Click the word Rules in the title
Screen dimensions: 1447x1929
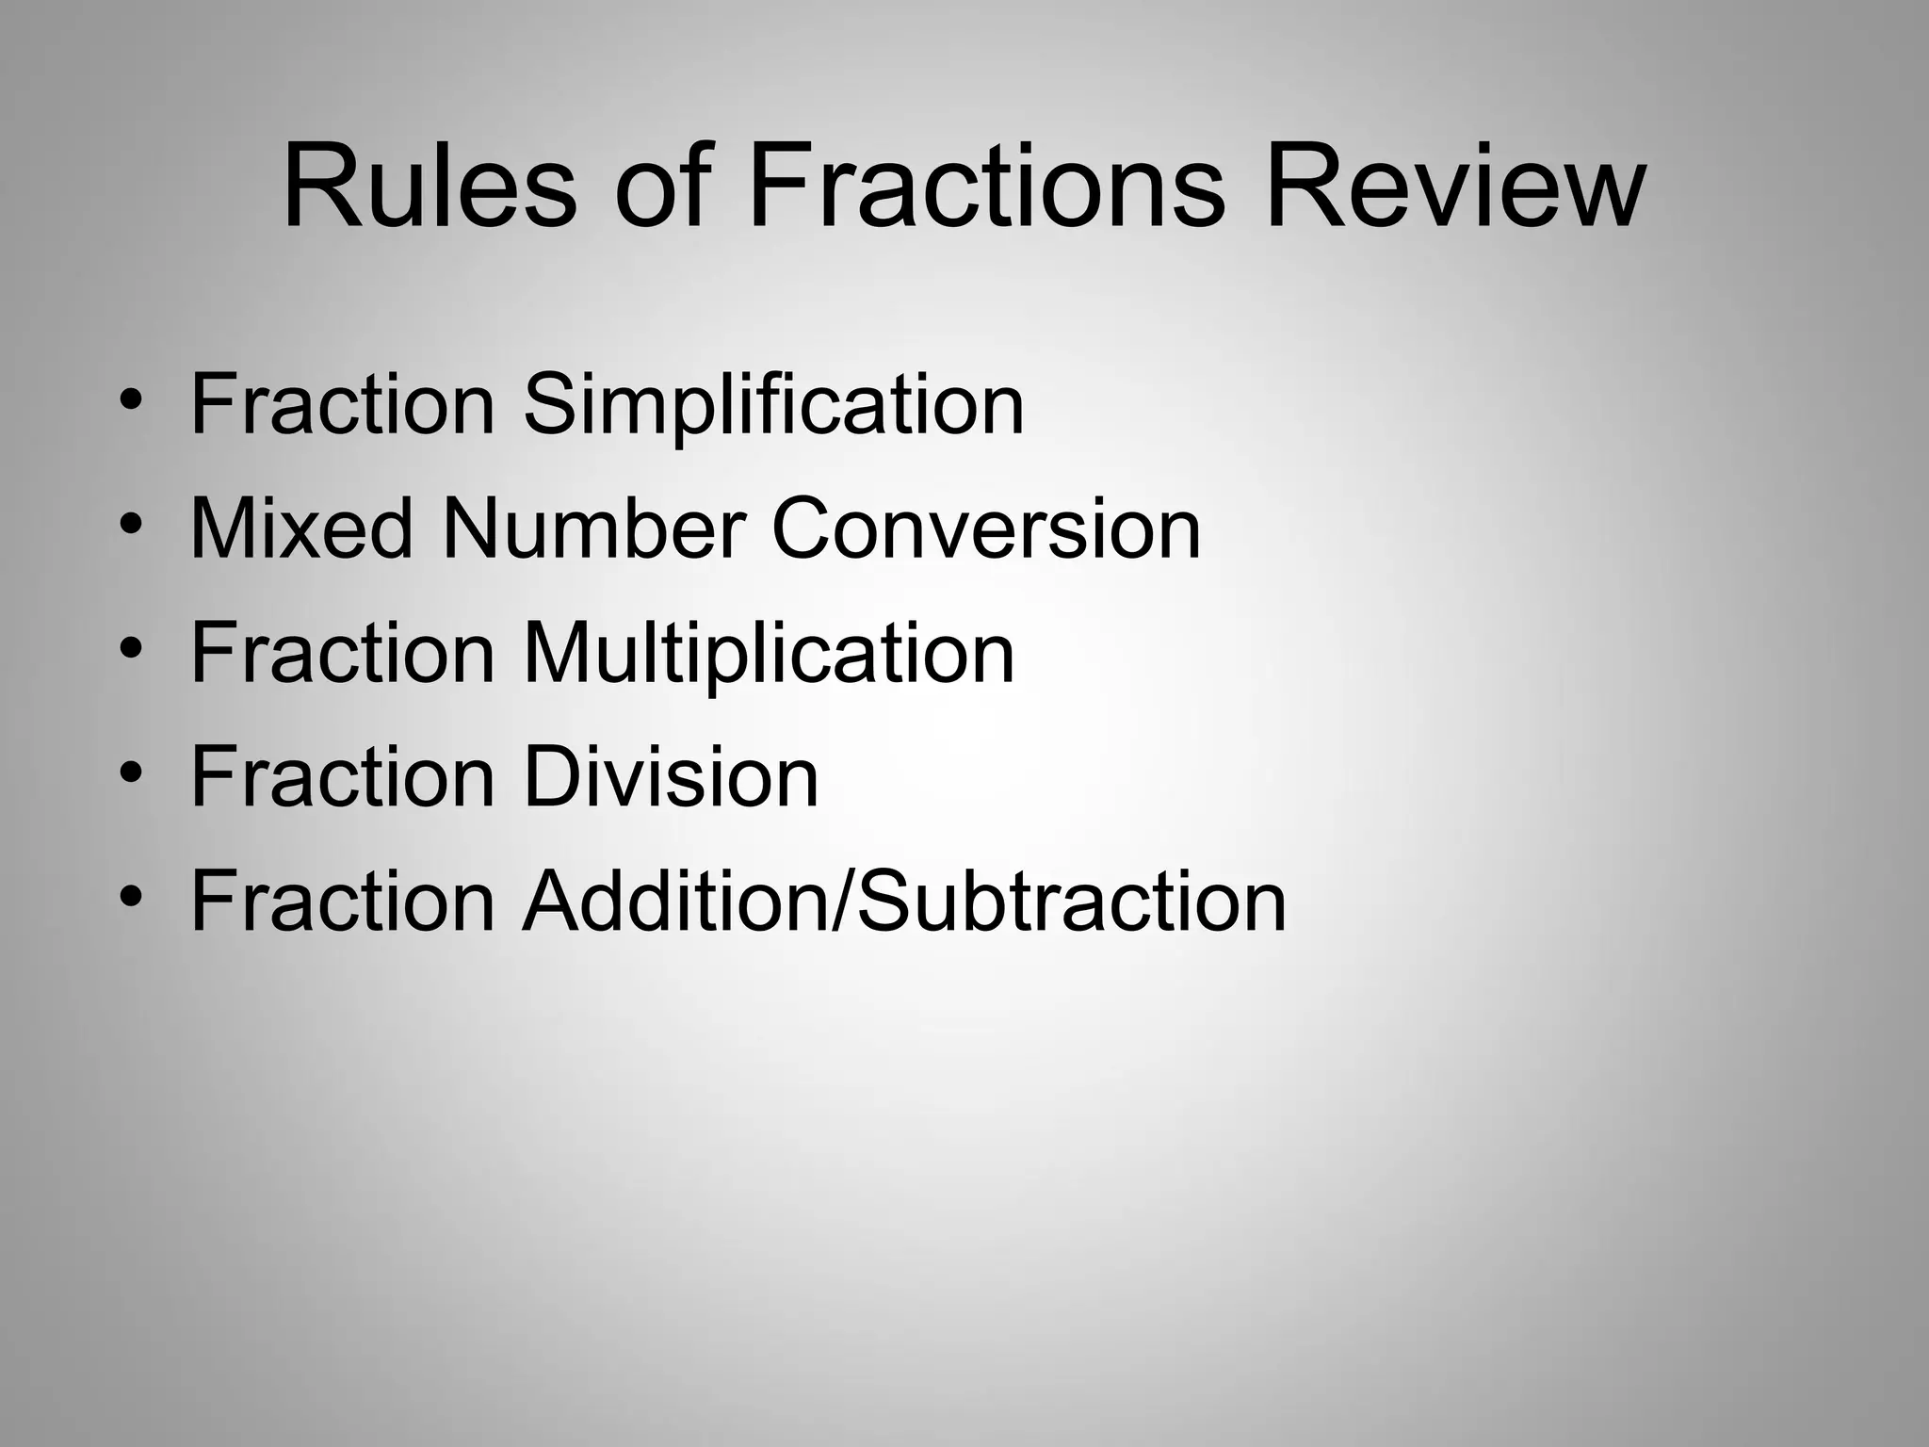click(x=429, y=186)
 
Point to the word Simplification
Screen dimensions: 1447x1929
click(x=772, y=405)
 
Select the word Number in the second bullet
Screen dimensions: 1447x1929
click(x=593, y=528)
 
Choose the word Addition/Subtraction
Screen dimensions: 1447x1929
click(x=904, y=902)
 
